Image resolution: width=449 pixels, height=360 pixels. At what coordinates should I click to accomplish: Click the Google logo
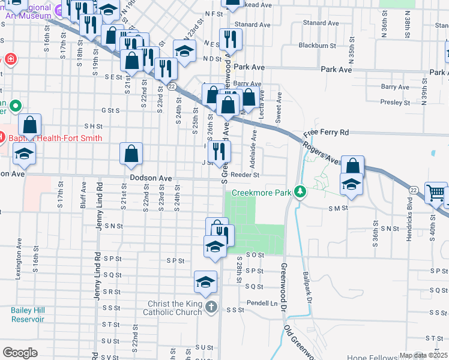20,353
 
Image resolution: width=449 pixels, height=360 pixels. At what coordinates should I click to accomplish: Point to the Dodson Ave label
151,179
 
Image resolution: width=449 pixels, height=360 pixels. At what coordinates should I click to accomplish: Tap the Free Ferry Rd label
326,132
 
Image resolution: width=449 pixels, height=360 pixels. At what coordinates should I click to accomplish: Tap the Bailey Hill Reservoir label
28,314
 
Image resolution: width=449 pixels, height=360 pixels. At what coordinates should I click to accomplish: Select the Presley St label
395,103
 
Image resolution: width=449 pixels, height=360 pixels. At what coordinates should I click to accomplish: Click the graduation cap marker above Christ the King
205,283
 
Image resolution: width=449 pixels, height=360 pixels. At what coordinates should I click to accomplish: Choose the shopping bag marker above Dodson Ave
131,154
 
